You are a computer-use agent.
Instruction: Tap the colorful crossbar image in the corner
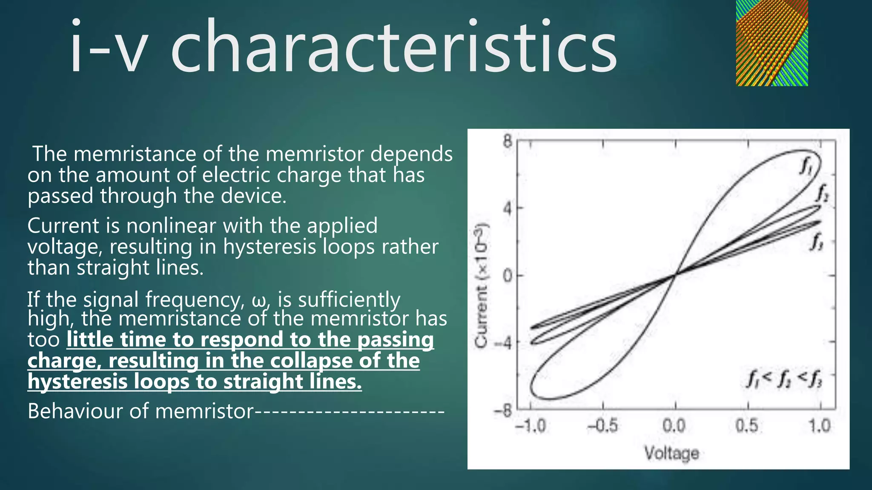pyautogui.click(x=772, y=43)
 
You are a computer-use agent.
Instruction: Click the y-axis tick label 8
pyautogui.click(x=507, y=141)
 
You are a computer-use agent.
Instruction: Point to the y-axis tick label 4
pyautogui.click(x=507, y=208)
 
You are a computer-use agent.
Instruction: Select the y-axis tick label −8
pyautogui.click(x=503, y=411)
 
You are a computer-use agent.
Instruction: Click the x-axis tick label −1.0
pyautogui.click(x=530, y=426)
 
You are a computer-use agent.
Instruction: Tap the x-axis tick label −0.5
pyautogui.click(x=602, y=426)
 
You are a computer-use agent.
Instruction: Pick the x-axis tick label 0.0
pyautogui.click(x=674, y=426)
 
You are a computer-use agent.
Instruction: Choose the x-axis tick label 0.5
pyautogui.click(x=747, y=426)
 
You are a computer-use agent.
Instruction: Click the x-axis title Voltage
pyautogui.click(x=671, y=453)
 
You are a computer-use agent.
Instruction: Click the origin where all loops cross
pyautogui.click(x=675, y=275)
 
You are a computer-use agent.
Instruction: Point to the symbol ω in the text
pyautogui.click(x=259, y=300)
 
